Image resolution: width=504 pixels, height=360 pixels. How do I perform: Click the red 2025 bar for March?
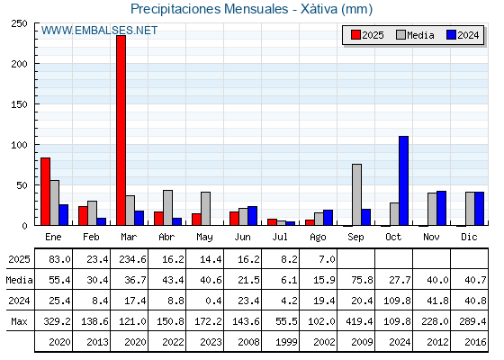coord(121,130)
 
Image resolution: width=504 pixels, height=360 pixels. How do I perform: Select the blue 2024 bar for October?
coord(404,181)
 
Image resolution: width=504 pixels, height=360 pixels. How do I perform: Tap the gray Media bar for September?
coord(356,194)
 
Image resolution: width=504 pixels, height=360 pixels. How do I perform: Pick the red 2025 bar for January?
coord(45,192)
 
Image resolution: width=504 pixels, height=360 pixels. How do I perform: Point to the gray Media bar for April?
coord(167,208)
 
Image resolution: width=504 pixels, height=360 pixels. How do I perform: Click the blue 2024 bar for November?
coord(441,208)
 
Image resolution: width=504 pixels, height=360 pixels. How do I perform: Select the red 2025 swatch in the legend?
coord(355,35)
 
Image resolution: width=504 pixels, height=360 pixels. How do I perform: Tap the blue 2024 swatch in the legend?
coord(451,35)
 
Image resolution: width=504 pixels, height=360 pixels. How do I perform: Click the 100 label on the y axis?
coord(19,145)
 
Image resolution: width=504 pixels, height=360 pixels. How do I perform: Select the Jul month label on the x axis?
coord(280,237)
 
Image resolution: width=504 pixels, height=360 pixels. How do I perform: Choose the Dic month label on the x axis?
coord(469,237)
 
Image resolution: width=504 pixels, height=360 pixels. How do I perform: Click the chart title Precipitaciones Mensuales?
coord(209,9)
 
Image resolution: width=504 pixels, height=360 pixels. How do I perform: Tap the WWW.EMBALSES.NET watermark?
coord(99,31)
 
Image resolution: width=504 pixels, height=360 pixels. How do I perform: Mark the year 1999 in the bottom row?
coord(286,342)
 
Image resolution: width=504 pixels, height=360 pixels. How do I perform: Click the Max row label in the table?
coord(19,321)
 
